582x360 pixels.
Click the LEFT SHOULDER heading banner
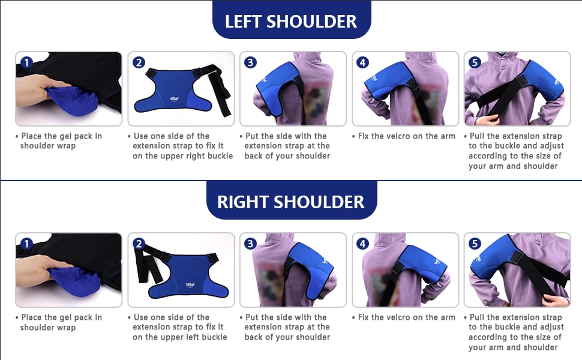point(291,22)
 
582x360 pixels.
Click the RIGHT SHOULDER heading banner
point(291,202)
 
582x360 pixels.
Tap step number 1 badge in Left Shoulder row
point(26,62)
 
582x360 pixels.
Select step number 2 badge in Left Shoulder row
point(139,62)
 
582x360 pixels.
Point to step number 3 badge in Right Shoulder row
point(251,244)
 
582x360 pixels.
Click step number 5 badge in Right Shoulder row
point(475,244)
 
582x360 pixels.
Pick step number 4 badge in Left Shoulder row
point(363,62)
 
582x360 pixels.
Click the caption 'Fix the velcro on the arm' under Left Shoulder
point(406,136)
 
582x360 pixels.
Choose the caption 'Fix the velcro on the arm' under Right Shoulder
point(406,317)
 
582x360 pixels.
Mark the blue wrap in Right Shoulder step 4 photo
point(420,264)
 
